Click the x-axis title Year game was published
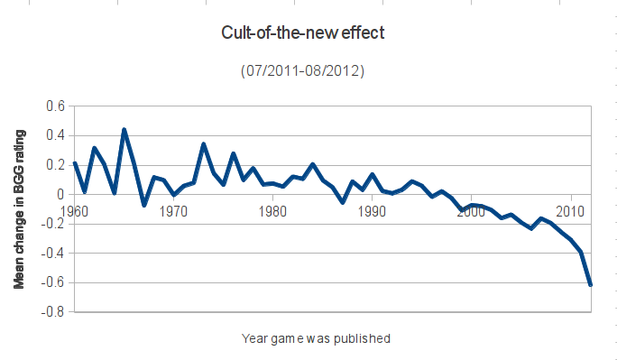316,339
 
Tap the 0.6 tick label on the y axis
56,106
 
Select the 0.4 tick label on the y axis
56,136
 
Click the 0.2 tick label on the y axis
56,165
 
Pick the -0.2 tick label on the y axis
53,224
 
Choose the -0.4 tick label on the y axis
53,253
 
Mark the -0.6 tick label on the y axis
53,282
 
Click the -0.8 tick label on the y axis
53,312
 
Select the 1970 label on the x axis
173,211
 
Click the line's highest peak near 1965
124,130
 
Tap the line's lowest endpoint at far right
590,284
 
